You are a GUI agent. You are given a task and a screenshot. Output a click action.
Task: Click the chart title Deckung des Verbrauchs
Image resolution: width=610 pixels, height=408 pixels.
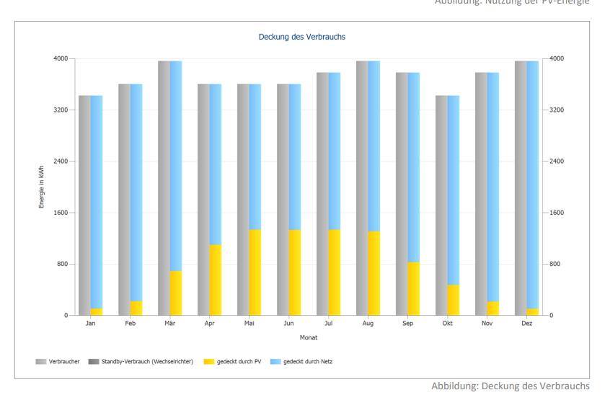click(304, 35)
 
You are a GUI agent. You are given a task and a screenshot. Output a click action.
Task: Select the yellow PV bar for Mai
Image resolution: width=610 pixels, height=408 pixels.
click(255, 272)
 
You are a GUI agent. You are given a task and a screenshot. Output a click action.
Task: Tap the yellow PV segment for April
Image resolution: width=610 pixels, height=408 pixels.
click(215, 280)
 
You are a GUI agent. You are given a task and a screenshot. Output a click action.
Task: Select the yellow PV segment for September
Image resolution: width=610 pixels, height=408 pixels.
click(413, 288)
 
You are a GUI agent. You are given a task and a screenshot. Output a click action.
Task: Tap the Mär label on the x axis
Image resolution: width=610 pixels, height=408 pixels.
click(169, 324)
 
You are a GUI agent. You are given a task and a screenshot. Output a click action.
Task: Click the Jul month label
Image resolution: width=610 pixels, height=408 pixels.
click(329, 324)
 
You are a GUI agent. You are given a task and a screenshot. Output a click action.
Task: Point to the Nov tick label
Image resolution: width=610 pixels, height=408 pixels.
click(487, 324)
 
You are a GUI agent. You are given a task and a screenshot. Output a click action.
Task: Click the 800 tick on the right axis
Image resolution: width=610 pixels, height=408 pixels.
click(554, 265)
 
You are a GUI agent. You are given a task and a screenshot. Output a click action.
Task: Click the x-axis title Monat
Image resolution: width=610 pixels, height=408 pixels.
click(309, 337)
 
